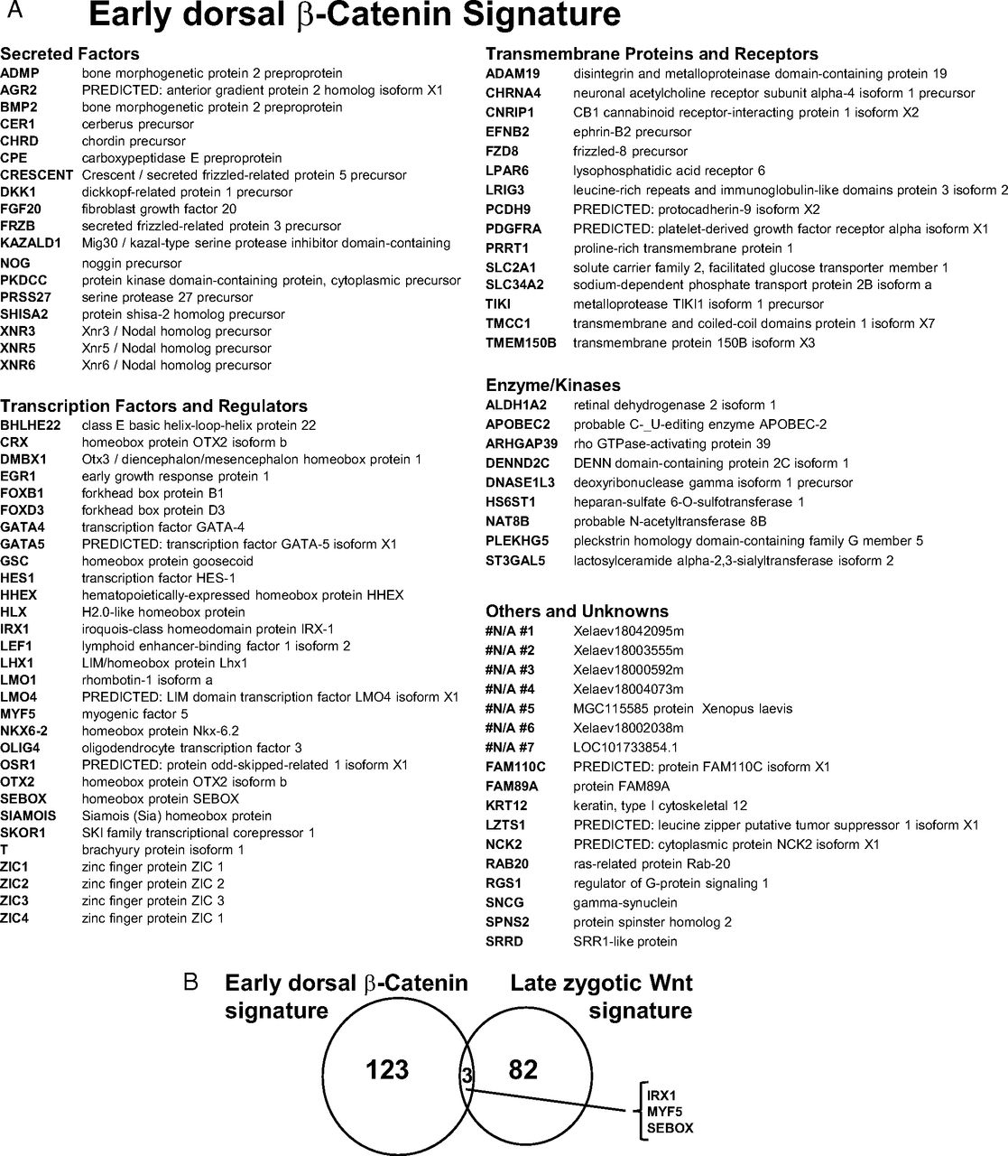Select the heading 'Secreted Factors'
coord(69,54)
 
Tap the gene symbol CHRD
coord(18,141)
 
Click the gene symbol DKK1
coord(17,191)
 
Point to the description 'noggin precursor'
coord(131,264)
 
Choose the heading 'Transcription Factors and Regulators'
coord(153,406)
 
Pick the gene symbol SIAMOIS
coord(28,816)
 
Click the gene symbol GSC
coord(14,561)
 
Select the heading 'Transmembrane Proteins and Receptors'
coord(652,54)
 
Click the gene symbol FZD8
coord(503,151)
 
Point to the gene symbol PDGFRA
coord(512,228)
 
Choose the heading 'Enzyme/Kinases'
coord(552,386)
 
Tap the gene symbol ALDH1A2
coord(516,406)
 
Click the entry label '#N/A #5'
coord(510,708)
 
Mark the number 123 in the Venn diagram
coord(386,1070)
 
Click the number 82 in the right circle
coord(522,1070)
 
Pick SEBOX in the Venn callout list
coord(669,1128)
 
